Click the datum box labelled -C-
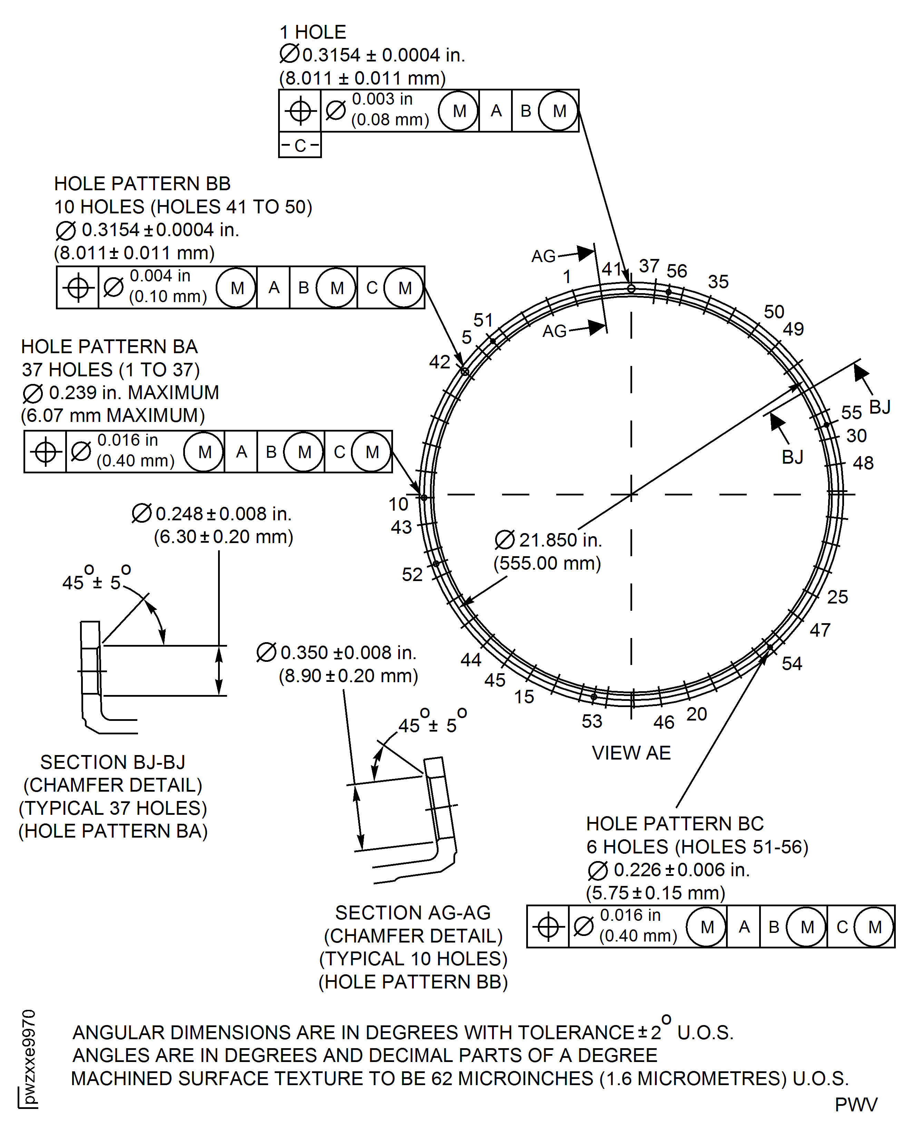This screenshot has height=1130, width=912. (300, 145)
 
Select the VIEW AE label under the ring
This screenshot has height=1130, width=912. (631, 753)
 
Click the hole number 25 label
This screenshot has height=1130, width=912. (837, 597)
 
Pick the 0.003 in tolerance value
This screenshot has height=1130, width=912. (382, 99)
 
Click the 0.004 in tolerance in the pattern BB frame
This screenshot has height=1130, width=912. (160, 276)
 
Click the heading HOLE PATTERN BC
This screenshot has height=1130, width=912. (675, 823)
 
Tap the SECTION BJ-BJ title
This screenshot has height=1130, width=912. (112, 762)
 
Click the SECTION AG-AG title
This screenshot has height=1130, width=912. (413, 913)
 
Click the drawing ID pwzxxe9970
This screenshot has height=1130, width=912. (29, 1056)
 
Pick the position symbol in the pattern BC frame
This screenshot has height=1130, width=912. (548, 927)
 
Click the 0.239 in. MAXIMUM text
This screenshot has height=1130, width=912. (134, 393)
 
